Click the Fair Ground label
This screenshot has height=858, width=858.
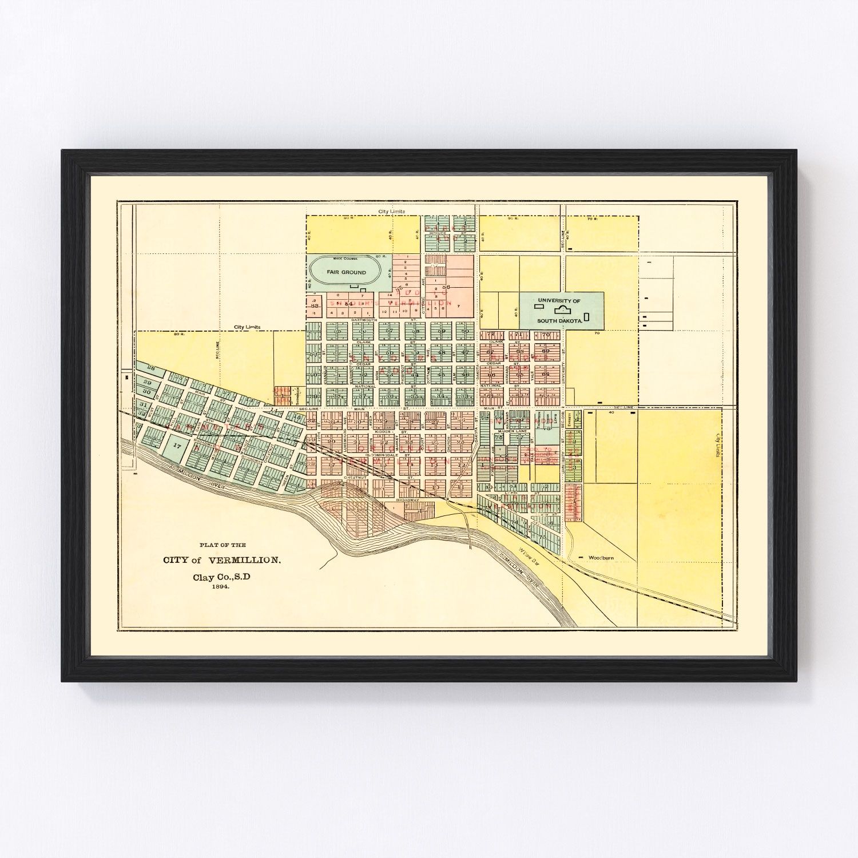tap(346, 272)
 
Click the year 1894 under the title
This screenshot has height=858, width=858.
tap(220, 587)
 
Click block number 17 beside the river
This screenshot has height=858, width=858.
tap(177, 444)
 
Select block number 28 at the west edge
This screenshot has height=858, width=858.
tap(151, 367)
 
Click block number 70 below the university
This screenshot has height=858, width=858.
tap(546, 335)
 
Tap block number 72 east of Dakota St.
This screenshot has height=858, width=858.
tap(491, 334)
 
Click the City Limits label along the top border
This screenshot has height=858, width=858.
tap(392, 212)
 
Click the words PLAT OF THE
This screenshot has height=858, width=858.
tap(222, 545)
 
